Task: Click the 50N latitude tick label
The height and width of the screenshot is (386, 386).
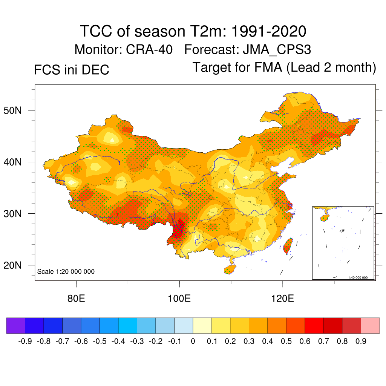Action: (16, 110)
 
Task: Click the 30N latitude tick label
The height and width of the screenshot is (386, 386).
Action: (16, 214)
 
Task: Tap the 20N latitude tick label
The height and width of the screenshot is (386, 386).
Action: (16, 265)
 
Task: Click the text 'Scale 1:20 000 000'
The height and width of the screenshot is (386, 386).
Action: (66, 271)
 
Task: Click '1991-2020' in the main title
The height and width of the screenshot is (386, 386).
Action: (268, 31)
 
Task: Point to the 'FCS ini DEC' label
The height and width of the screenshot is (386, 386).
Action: (72, 70)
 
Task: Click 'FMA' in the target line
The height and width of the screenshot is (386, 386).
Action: (268, 67)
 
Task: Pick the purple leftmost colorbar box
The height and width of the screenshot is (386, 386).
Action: (16, 325)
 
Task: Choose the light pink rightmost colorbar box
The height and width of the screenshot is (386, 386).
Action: (370, 325)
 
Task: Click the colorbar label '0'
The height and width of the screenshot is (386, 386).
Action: (193, 342)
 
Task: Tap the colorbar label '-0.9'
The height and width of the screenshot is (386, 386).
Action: (25, 342)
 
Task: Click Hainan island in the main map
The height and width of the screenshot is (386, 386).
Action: (230, 269)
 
